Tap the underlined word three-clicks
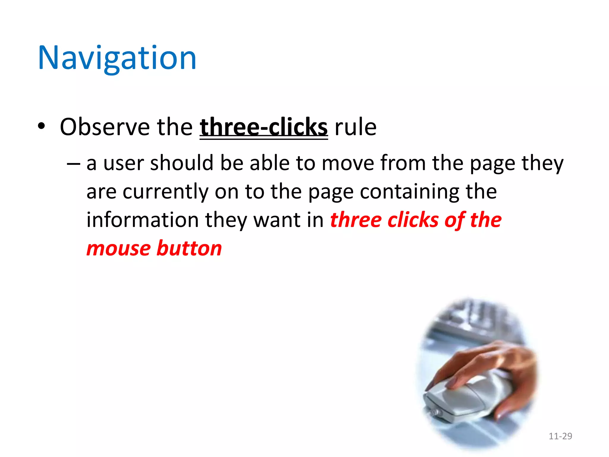pos(263,127)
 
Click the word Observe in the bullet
pos(105,127)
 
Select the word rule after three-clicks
pos(355,127)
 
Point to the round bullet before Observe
pos(42,126)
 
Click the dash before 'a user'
pos(73,164)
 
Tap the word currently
pos(165,192)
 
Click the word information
pos(142,220)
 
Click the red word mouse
pos(119,249)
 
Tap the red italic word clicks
pos(413,220)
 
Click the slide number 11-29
pos(560,436)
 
